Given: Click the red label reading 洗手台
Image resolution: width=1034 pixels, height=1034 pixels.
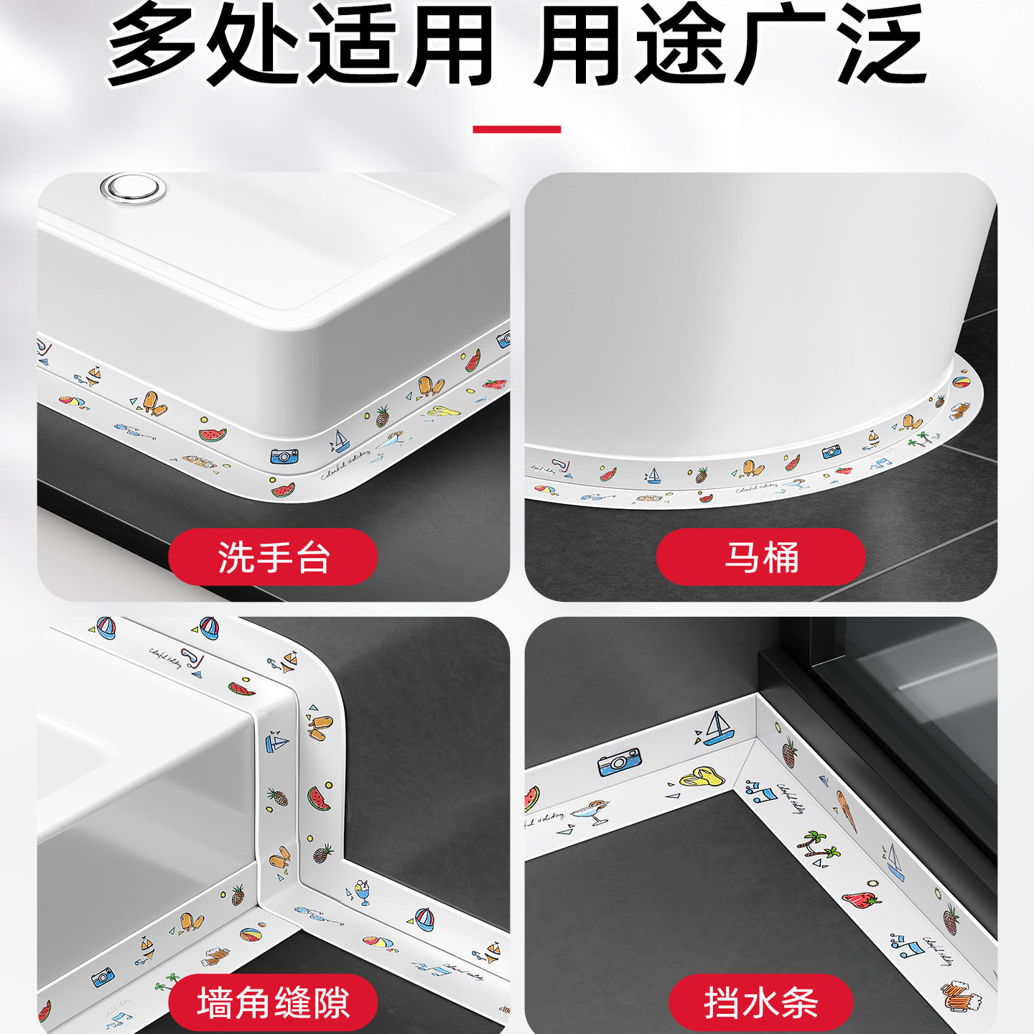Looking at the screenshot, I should point(273,557).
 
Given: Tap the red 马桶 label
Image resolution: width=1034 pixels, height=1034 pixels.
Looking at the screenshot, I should point(760,557).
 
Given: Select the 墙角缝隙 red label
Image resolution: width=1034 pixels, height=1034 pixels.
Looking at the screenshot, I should point(273,1002).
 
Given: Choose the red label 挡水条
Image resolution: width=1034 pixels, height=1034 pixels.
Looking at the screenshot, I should point(760,1002).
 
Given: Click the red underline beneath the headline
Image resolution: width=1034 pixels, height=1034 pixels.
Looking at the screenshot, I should point(516,129).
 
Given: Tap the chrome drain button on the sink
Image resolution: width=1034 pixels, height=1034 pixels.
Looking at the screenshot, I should point(133,188).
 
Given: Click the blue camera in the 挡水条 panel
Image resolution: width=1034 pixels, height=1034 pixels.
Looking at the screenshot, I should point(619,762).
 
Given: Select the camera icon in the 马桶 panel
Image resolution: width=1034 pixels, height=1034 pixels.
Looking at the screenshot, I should point(832,452).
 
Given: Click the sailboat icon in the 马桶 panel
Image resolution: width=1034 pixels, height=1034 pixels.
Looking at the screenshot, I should point(653,475).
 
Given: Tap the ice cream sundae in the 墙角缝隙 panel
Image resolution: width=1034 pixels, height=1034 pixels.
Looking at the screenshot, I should point(363,893).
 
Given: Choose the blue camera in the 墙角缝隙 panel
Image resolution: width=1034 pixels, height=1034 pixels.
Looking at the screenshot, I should point(103,977).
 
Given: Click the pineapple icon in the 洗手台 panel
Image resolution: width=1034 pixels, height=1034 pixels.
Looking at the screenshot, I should point(383,415).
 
